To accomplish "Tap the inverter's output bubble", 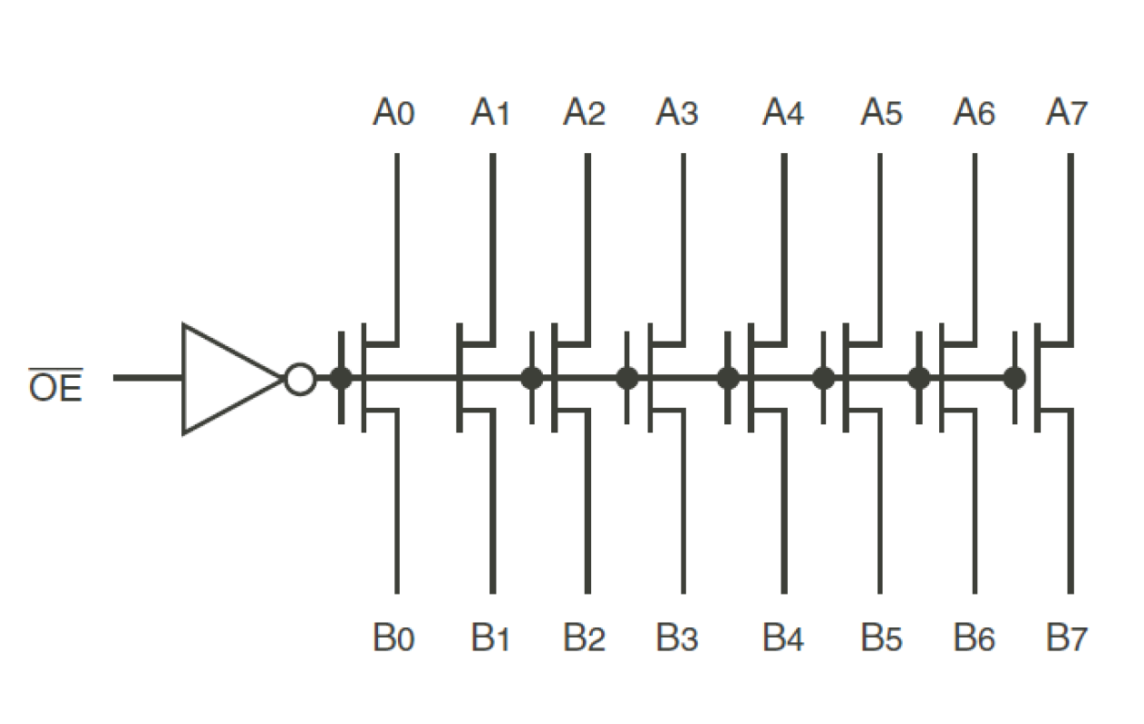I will coord(299,378).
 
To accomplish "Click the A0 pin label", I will coord(393,114).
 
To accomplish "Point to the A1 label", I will coord(490,114).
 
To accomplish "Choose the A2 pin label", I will coord(584,114).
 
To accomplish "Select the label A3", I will coord(677,114).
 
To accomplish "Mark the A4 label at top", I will coord(783,114).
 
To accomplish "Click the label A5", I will coord(881,114).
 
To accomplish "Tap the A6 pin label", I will coord(975,114).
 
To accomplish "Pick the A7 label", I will coord(1067,114).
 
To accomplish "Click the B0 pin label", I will coord(393,639).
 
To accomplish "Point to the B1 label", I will coord(490,639).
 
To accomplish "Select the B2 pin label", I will coord(584,639).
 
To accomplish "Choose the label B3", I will coord(677,639).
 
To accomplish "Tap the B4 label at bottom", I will coord(783,639).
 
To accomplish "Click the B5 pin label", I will coord(881,639).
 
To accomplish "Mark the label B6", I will coord(975,639).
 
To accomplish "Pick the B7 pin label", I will coord(1067,639).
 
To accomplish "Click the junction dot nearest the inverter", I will coord(341,378).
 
